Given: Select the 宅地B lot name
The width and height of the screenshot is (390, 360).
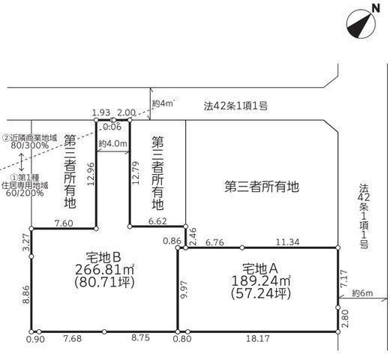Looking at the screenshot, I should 105,255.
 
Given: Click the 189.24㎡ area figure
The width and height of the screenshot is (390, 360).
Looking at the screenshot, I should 258,280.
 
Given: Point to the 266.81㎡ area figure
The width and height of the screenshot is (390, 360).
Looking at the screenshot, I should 105,268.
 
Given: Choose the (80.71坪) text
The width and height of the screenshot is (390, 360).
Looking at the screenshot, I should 105,282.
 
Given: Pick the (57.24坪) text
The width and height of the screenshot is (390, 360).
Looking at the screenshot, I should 258,293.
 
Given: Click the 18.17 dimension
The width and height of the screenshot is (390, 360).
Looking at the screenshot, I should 258,337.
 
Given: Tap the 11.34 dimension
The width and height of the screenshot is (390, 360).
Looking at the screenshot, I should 288,241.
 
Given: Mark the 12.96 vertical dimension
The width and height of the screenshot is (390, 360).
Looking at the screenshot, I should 91,175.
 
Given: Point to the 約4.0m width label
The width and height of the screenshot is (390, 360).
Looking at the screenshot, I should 112,143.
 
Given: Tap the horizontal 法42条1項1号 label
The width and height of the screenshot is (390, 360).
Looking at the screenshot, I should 235,108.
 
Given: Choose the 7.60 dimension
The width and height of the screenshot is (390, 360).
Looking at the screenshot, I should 64,222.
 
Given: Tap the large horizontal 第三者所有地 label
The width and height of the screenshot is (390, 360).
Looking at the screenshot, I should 262,187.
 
